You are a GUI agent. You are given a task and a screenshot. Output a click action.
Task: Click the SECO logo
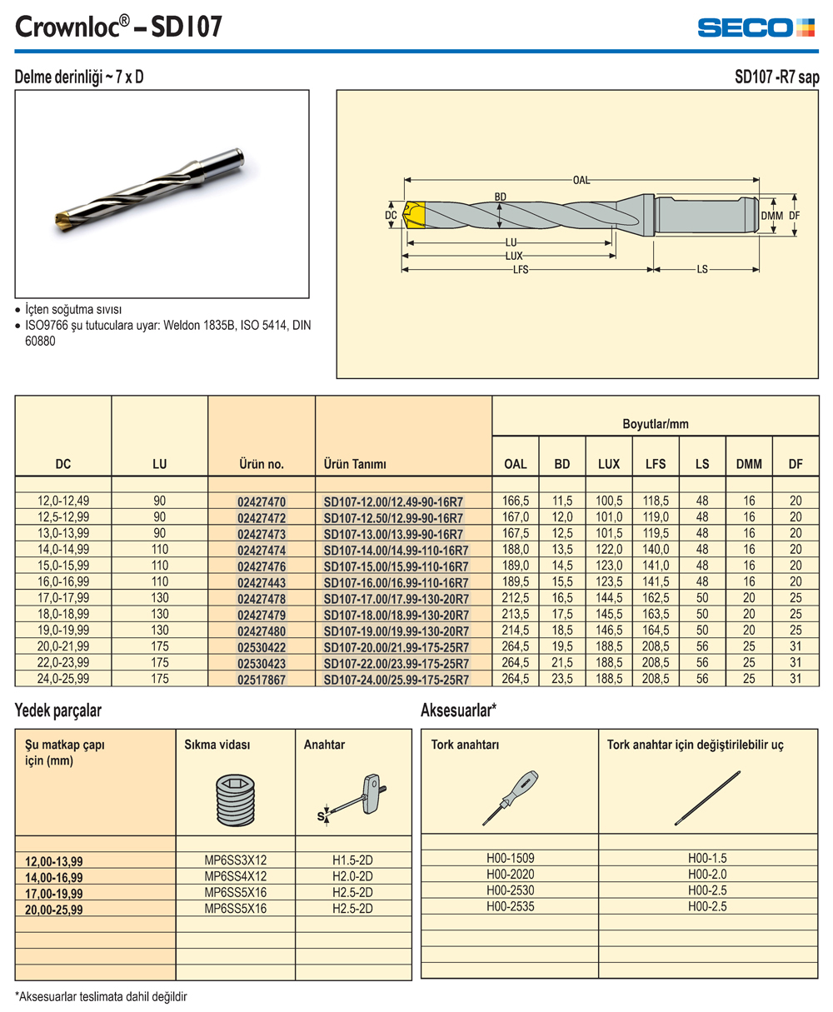pyautogui.click(x=756, y=27)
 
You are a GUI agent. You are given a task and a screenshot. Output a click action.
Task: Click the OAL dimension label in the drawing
pyautogui.click(x=581, y=181)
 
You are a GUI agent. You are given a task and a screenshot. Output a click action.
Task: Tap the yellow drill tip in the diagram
pyautogui.click(x=415, y=215)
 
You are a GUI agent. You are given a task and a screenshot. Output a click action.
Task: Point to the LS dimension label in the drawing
pyautogui.click(x=702, y=269)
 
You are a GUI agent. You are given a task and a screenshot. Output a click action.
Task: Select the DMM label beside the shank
pyautogui.click(x=772, y=216)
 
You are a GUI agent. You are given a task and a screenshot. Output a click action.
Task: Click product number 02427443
pyautogui.click(x=262, y=582)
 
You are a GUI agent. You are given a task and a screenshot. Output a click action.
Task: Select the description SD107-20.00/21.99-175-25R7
pyautogui.click(x=396, y=647)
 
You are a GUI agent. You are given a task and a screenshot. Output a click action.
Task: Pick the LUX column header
pyautogui.click(x=608, y=464)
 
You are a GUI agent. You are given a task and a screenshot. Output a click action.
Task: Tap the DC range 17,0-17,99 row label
pyautogui.click(x=63, y=598)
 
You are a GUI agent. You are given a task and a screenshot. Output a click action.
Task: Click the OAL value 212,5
pyautogui.click(x=516, y=598)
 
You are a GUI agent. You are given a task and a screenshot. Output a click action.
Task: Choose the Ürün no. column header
pyautogui.click(x=262, y=464)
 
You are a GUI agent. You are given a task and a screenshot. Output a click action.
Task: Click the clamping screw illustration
pyautogui.click(x=235, y=800)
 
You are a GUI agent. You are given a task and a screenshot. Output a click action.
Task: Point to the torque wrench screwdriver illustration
pyautogui.click(x=510, y=798)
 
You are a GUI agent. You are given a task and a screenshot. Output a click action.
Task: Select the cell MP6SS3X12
pyautogui.click(x=235, y=860)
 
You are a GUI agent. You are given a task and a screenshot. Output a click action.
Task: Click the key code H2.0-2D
pyautogui.click(x=352, y=876)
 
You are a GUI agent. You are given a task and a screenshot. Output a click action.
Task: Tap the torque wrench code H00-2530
pyautogui.click(x=510, y=890)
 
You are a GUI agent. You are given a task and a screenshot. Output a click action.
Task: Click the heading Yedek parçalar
pyautogui.click(x=58, y=710)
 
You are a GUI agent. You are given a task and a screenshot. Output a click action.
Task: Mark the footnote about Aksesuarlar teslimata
pyautogui.click(x=101, y=997)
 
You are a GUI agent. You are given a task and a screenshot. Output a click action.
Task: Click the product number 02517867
pyautogui.click(x=262, y=680)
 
